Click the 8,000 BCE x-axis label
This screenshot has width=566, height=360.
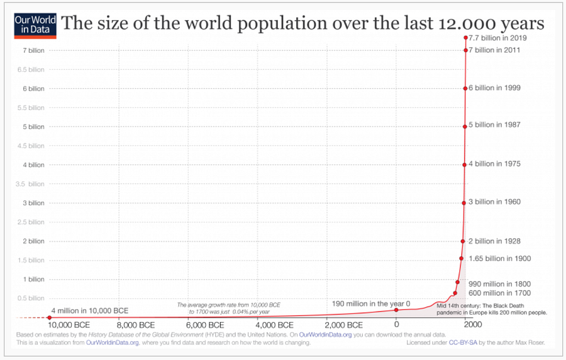click(136, 325)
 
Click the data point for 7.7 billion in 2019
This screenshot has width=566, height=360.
click(466, 38)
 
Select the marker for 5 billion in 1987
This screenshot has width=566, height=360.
click(465, 127)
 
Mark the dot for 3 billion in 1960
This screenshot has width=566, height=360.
click(463, 203)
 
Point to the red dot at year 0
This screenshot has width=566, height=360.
click(396, 310)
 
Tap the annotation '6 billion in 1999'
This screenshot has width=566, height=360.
click(495, 88)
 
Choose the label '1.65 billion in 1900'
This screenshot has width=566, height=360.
click(499, 259)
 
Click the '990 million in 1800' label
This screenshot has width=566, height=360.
click(499, 283)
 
